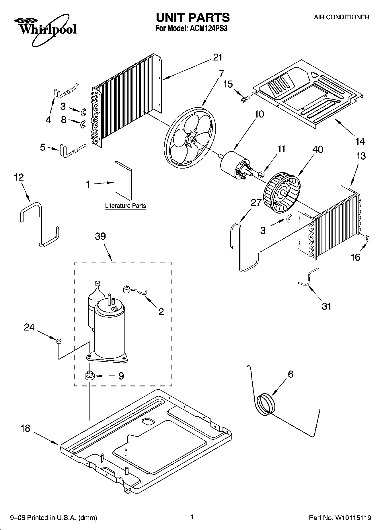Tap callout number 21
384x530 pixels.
click(x=218, y=57)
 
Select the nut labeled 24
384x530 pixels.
click(x=59, y=341)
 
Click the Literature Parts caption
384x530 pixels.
click(x=125, y=206)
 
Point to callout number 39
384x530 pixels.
click(x=100, y=236)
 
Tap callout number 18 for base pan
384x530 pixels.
click(x=25, y=429)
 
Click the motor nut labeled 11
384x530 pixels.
click(x=262, y=174)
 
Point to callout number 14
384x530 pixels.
click(x=360, y=141)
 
